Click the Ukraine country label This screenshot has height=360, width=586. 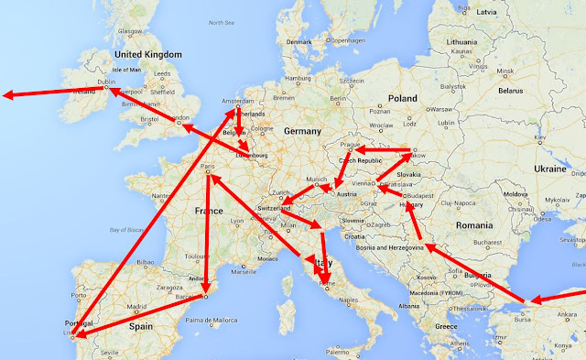click(x=551, y=169)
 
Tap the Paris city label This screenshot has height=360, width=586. click(x=208, y=167)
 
